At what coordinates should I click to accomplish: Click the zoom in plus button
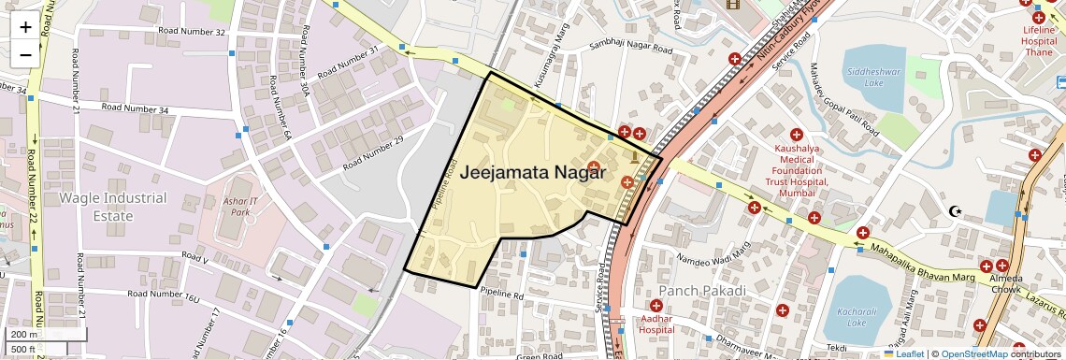tap(25, 27)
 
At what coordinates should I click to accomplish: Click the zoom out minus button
tap(25, 54)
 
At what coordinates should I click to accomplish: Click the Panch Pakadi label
tap(702, 291)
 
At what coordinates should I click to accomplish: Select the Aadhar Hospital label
tap(656, 324)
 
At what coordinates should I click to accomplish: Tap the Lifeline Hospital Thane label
tap(1039, 41)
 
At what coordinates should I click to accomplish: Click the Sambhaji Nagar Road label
tap(630, 47)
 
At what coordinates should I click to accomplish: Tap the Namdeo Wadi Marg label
tap(713, 252)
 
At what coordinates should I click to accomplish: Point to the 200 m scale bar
tap(45, 335)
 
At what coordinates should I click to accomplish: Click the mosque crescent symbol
tap(955, 211)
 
